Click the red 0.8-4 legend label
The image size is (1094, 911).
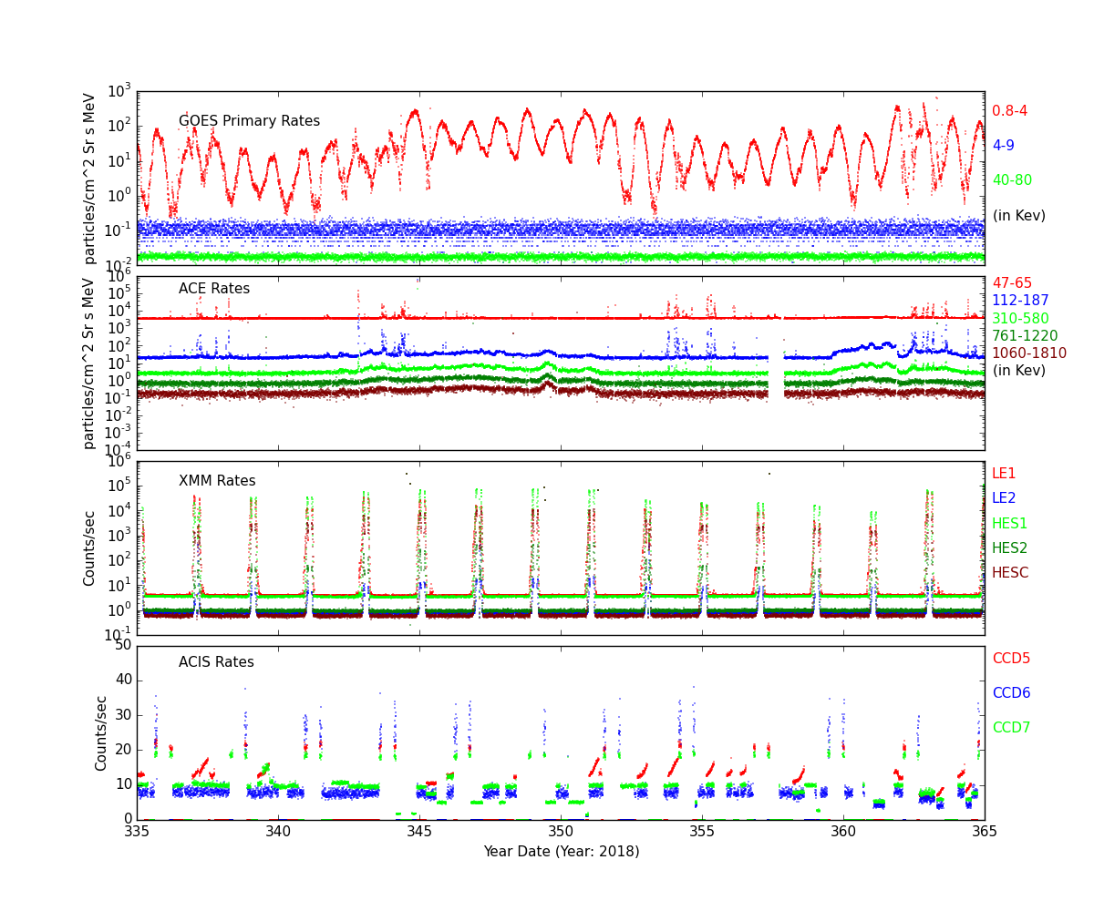point(1009,111)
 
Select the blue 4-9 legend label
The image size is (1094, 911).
point(1003,146)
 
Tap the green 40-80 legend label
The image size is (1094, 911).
point(1012,180)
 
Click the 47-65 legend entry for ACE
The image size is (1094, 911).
point(1012,283)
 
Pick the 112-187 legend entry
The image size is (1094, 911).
point(1020,301)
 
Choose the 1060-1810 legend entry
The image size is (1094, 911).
point(1025,353)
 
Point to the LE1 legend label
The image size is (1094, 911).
point(1004,474)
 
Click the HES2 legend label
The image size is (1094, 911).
point(1009,548)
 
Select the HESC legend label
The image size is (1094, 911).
point(1010,573)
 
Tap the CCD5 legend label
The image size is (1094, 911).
point(1011,659)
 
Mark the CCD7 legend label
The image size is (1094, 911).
point(1011,728)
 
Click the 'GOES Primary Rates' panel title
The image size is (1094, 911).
point(249,121)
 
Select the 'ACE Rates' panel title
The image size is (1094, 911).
point(213,289)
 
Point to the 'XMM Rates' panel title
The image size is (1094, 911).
point(217,481)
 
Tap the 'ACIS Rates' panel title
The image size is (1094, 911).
point(216,662)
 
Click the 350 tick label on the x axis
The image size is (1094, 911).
point(561,832)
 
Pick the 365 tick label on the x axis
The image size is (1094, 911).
point(985,832)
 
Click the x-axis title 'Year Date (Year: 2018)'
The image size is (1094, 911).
point(561,852)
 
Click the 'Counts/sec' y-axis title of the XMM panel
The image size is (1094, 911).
point(89,548)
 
